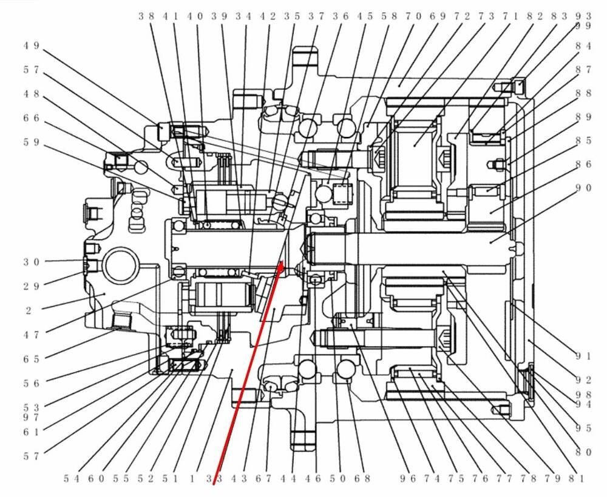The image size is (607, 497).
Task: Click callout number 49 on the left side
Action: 32,45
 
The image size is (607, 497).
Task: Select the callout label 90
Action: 583,188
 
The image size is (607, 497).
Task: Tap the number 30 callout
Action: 32,262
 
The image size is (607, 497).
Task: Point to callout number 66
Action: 32,118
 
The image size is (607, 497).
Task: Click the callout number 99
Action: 583,26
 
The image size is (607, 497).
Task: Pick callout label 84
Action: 583,46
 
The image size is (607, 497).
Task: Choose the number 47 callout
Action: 32,334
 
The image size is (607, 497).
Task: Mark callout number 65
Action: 32,359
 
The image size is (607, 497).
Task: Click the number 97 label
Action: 32,418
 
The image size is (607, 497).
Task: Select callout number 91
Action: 583,356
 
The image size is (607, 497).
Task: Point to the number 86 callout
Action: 583,164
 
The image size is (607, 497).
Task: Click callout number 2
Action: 29,310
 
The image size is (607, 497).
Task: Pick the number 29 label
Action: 32,285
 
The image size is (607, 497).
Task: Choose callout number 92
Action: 583,381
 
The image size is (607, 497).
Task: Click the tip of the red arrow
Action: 282,262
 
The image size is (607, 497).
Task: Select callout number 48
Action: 32,94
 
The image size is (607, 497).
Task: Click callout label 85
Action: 583,141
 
